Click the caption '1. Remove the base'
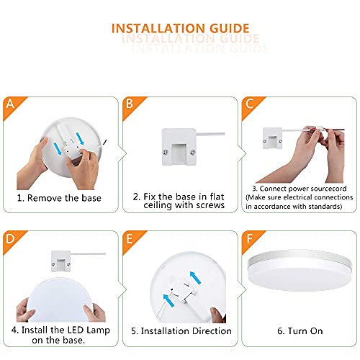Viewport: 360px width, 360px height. tap(60, 197)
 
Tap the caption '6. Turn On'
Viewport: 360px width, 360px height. tap(299, 330)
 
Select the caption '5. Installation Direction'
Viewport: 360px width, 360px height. tap(181, 331)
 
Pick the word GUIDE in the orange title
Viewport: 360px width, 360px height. tap(225, 30)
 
